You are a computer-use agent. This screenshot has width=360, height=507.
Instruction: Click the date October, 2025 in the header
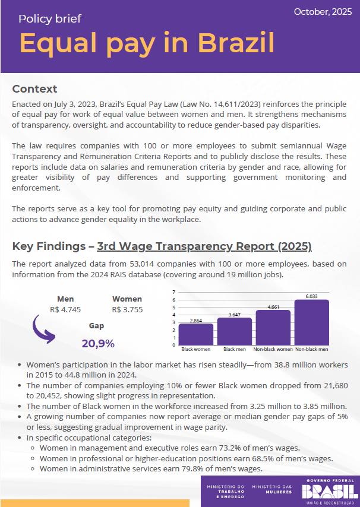(x=323, y=12)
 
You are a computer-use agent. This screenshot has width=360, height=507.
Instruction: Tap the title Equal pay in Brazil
(x=147, y=43)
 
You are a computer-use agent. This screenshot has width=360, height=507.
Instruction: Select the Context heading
(x=34, y=89)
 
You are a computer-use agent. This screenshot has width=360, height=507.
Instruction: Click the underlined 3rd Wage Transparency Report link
(x=204, y=246)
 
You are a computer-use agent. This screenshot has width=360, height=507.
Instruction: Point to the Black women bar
(x=195, y=334)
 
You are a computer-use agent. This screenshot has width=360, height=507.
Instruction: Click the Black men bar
(x=234, y=331)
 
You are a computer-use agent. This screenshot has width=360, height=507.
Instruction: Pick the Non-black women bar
(x=273, y=327)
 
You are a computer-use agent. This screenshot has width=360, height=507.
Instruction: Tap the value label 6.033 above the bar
(x=311, y=296)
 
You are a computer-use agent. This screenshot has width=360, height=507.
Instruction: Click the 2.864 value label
(x=195, y=320)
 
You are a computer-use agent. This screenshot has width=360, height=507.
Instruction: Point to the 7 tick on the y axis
(x=173, y=292)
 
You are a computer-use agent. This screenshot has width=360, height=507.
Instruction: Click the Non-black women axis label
(x=273, y=349)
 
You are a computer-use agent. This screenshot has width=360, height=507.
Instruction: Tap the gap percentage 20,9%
(x=98, y=343)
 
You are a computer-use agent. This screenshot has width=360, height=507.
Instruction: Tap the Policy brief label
(x=50, y=18)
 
